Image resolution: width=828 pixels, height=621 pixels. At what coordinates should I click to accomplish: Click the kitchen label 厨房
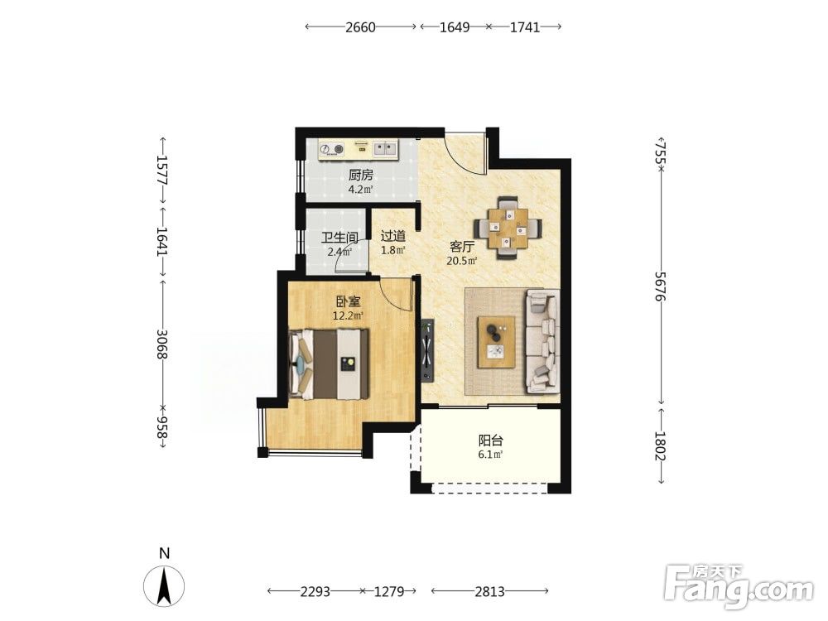[x=361, y=175]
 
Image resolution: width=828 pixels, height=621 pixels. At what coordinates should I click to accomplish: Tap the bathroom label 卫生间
[x=339, y=238]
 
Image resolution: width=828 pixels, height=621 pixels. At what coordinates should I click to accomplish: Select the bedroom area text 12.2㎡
[x=348, y=315]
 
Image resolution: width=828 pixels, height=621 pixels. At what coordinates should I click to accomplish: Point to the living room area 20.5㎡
[x=462, y=260]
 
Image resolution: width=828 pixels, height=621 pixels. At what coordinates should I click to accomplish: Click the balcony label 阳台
[x=490, y=440]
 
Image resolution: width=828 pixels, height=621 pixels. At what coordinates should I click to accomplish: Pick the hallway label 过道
[x=393, y=236]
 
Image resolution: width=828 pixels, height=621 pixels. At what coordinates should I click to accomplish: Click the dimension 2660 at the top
[x=360, y=26]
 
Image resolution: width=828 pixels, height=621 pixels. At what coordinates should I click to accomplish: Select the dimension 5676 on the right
[x=660, y=286]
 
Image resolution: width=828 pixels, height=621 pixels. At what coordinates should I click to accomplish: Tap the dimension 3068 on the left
[x=162, y=344]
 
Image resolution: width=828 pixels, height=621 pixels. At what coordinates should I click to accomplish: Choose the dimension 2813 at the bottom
[x=489, y=591]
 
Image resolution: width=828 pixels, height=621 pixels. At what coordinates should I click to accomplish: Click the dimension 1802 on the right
[x=660, y=445]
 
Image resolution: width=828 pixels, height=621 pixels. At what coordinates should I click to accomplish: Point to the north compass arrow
[x=164, y=585]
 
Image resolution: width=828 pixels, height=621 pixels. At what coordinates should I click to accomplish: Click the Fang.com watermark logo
[x=739, y=585]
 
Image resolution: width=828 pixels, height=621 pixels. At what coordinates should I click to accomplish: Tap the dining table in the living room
[x=508, y=229]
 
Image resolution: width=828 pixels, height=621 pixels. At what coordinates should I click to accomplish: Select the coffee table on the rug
[x=496, y=342]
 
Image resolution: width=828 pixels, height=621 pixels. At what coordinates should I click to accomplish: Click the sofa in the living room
[x=543, y=342]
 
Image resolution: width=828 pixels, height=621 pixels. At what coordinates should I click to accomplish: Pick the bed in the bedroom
[x=329, y=364]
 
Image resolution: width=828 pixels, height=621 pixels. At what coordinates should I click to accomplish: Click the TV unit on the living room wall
[x=427, y=349]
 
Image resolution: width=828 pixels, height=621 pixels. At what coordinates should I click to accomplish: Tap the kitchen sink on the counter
[x=386, y=149]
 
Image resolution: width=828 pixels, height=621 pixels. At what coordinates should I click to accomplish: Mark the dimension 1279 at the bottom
[x=389, y=591]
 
